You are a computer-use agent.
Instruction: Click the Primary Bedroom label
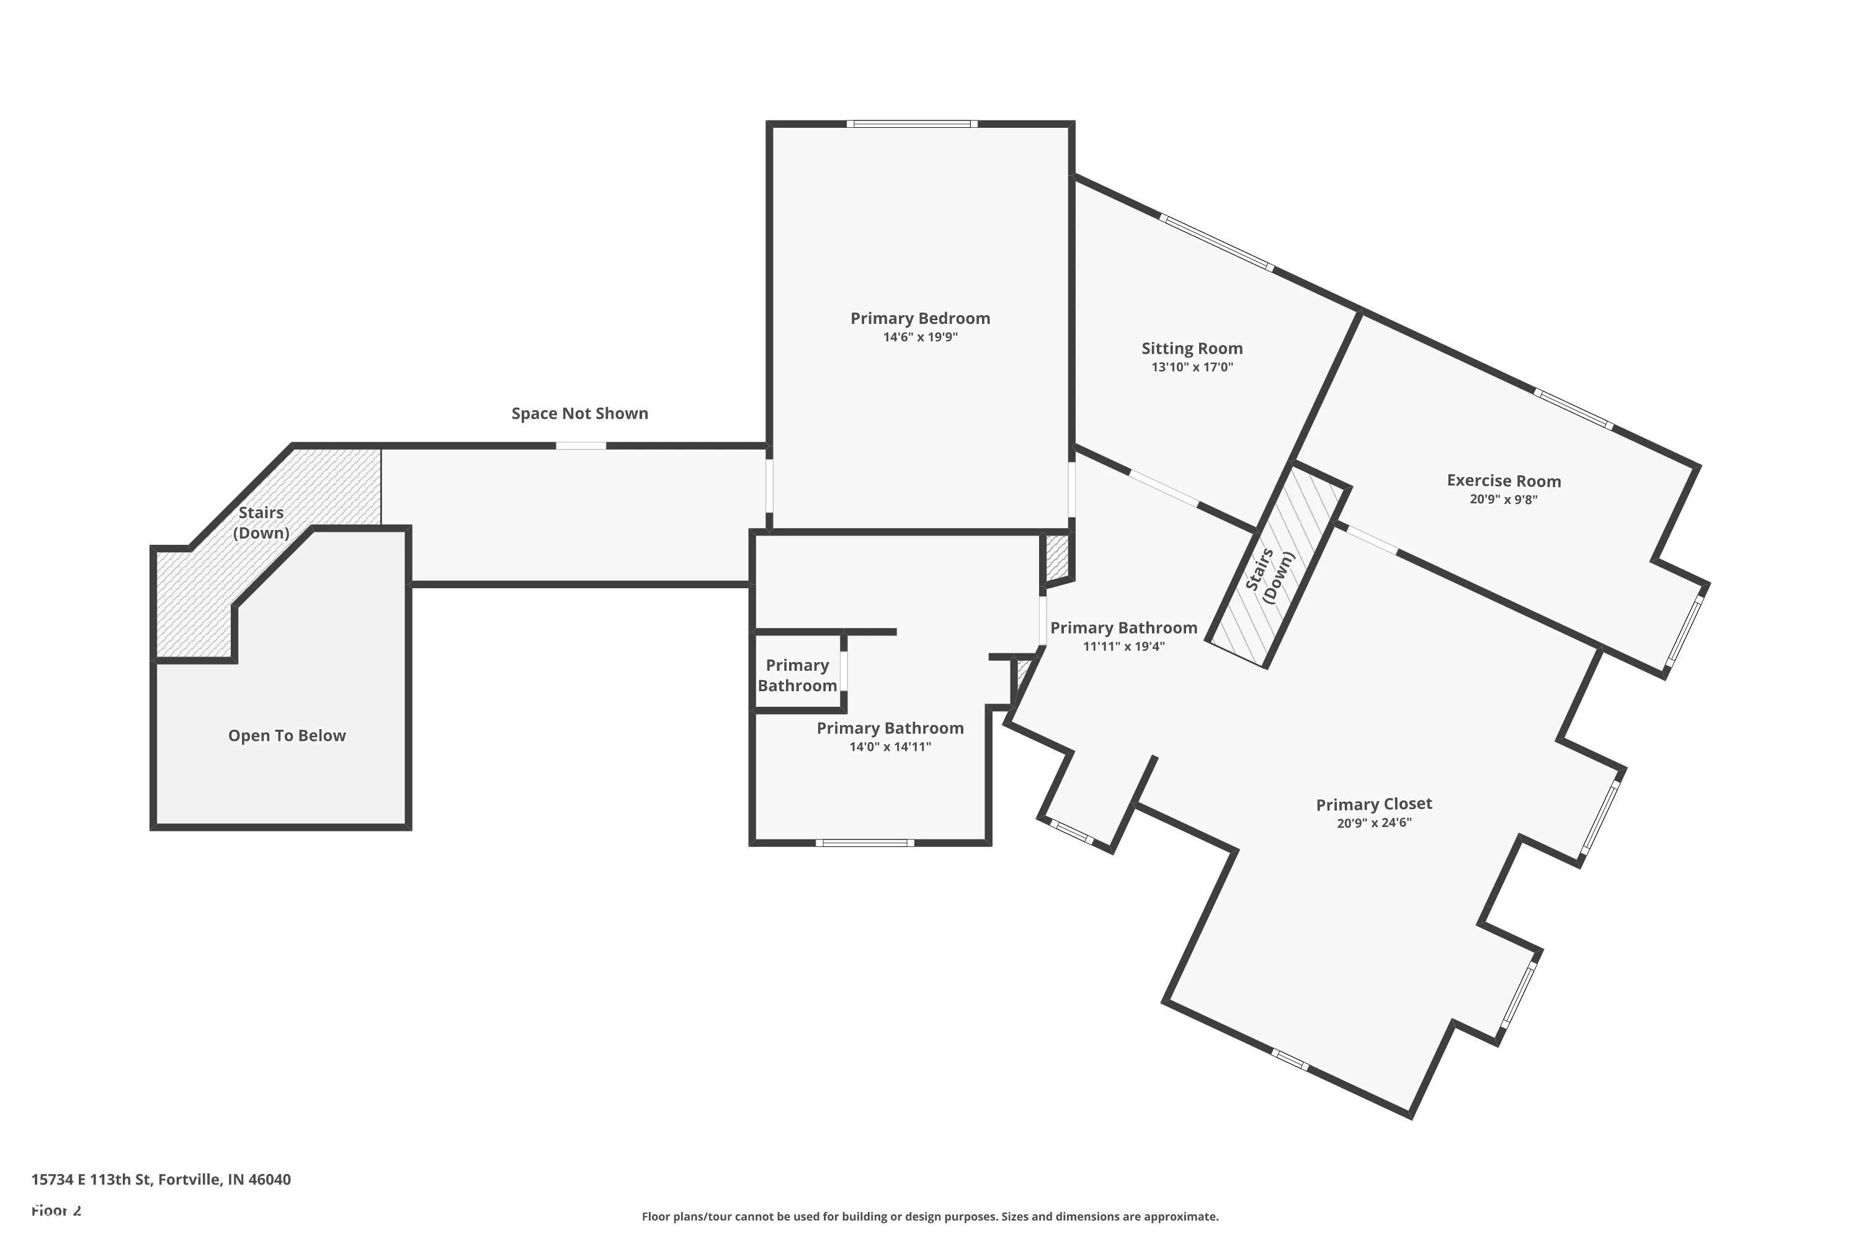click(x=919, y=318)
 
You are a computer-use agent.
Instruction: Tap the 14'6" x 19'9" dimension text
click(x=919, y=337)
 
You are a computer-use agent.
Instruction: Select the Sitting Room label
click(x=1192, y=348)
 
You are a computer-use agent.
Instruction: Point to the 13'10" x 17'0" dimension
click(x=1192, y=367)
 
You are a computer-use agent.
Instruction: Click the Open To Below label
click(x=287, y=735)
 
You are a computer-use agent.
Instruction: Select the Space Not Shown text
click(x=579, y=413)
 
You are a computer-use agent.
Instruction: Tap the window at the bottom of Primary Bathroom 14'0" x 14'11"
click(x=865, y=843)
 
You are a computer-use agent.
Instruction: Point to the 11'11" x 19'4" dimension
click(x=1123, y=647)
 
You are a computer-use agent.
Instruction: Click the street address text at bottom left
click(x=161, y=1180)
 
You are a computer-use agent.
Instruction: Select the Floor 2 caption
click(x=56, y=1210)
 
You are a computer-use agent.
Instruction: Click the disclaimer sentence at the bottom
click(x=930, y=1216)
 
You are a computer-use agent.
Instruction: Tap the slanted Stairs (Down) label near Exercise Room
click(x=1269, y=575)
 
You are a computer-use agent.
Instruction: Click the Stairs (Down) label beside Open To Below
click(x=261, y=522)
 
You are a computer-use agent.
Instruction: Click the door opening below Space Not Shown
click(x=581, y=446)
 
